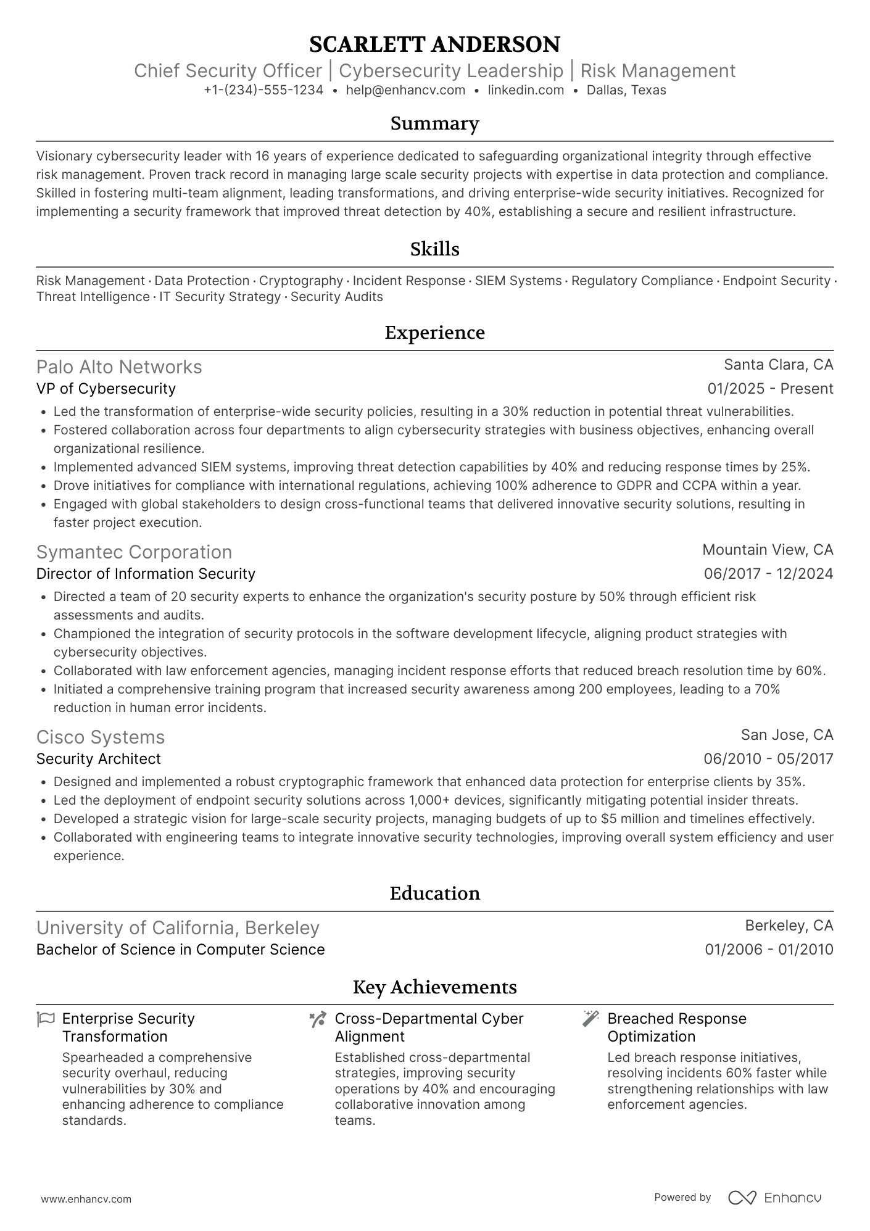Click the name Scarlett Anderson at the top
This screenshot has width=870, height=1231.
click(434, 44)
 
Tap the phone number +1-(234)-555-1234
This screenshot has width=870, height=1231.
click(263, 90)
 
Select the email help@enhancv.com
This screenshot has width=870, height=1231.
click(405, 90)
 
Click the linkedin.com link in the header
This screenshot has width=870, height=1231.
click(526, 90)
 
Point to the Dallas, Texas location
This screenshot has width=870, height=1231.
click(626, 90)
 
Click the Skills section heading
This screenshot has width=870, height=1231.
click(434, 249)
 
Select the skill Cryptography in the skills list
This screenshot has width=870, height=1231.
click(301, 281)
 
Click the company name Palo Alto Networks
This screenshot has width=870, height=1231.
click(119, 367)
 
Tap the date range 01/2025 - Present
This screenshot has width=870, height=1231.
click(770, 389)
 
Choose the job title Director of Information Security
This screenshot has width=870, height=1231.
click(146, 574)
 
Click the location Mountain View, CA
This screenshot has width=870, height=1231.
click(768, 550)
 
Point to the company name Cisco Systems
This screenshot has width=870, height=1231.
click(101, 737)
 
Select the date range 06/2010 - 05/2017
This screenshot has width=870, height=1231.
click(768, 759)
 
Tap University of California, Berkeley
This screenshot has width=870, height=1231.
click(178, 928)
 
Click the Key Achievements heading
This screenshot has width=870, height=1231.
click(434, 987)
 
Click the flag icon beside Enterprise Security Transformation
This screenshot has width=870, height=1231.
click(46, 1019)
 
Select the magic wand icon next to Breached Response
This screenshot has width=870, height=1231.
click(590, 1019)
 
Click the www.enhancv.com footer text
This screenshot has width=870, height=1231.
click(86, 1200)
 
